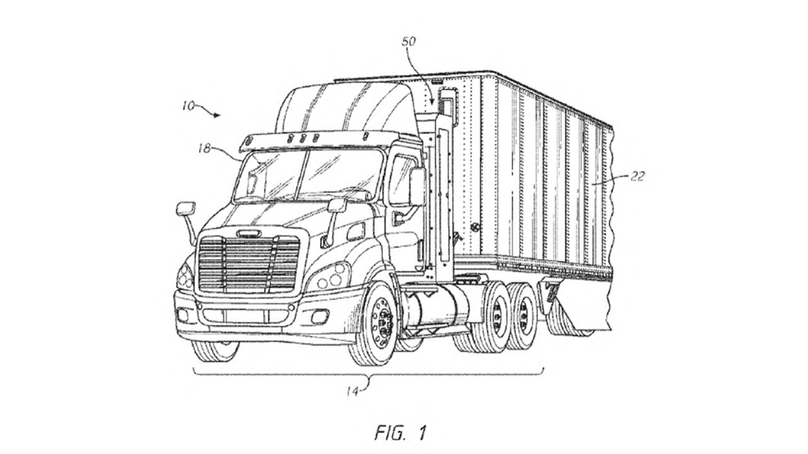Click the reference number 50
click(409, 42)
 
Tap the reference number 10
click(189, 107)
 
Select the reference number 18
click(204, 148)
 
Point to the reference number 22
click(637, 177)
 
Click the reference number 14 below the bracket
click(352, 391)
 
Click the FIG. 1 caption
click(401, 432)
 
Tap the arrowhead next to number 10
click(217, 115)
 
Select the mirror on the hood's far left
click(186, 209)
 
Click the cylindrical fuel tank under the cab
click(438, 308)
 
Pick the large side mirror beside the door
click(417, 187)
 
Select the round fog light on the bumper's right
click(319, 317)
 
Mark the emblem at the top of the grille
click(248, 233)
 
